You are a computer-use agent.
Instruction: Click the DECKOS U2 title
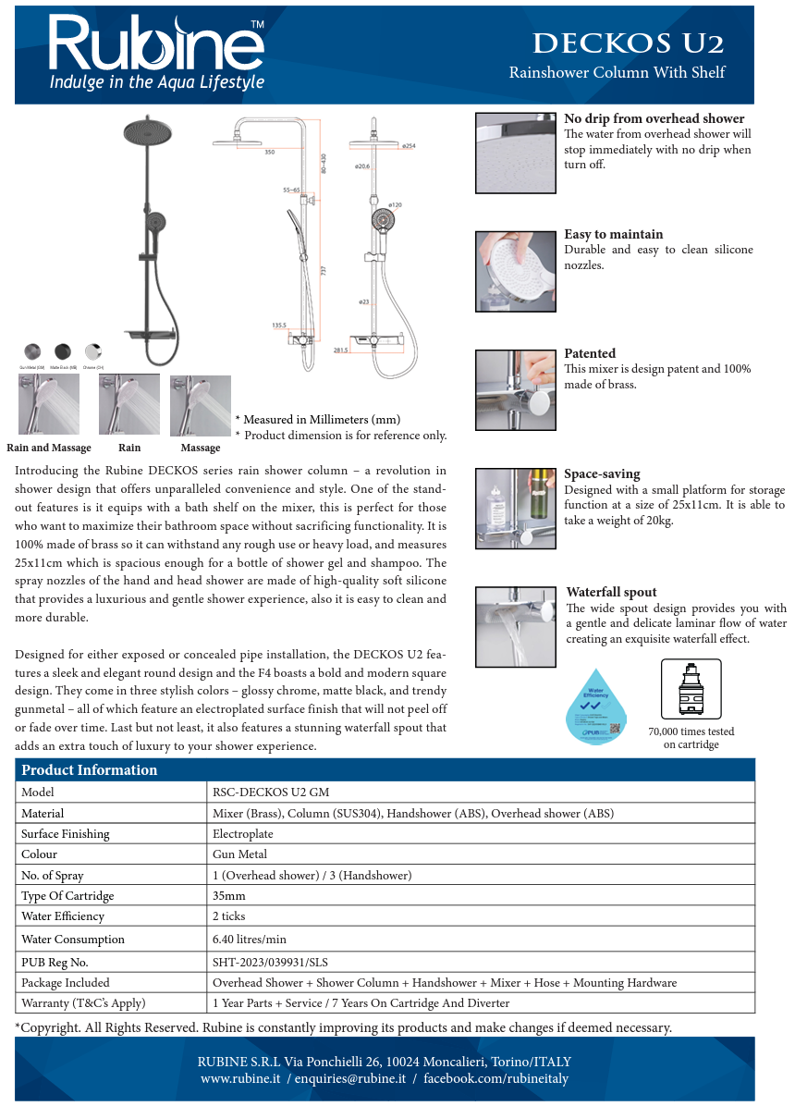click(629, 43)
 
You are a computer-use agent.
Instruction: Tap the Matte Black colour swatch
click(63, 351)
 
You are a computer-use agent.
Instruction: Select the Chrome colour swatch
click(93, 351)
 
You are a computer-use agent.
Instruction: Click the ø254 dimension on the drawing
click(409, 146)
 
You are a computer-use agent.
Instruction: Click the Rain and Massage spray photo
click(48, 404)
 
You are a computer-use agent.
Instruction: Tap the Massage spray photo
click(200, 404)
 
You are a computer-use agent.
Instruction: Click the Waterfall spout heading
click(611, 592)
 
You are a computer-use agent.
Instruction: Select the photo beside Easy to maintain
click(515, 271)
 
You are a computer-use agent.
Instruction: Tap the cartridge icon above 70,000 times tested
click(691, 689)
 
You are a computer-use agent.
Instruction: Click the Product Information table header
click(90, 769)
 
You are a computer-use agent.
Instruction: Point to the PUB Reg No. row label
click(55, 962)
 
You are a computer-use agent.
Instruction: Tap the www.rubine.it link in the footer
click(240, 1079)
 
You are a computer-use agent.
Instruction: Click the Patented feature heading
click(590, 353)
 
